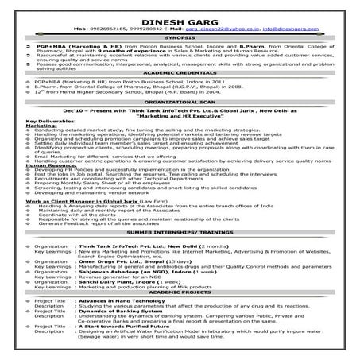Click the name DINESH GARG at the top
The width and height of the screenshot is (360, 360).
180,17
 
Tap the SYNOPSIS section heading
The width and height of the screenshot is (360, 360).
180,37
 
